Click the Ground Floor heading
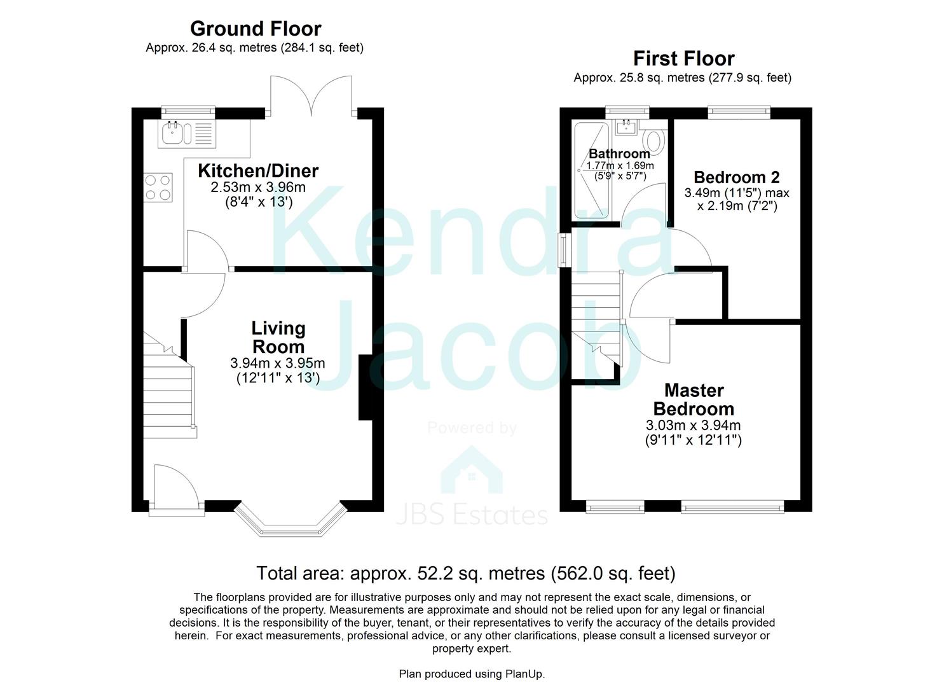click(255, 29)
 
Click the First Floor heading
click(683, 59)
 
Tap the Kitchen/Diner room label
click(258, 170)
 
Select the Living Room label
click(278, 338)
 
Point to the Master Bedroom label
click(694, 399)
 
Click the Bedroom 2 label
click(736, 177)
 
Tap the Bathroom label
click(619, 153)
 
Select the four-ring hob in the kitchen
click(158, 188)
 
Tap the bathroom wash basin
click(627, 128)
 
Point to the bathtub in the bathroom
click(591, 170)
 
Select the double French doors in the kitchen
click(311, 95)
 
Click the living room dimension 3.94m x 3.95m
click(278, 363)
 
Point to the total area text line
click(465, 573)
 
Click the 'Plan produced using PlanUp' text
click(472, 674)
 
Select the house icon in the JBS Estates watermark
click(472, 471)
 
